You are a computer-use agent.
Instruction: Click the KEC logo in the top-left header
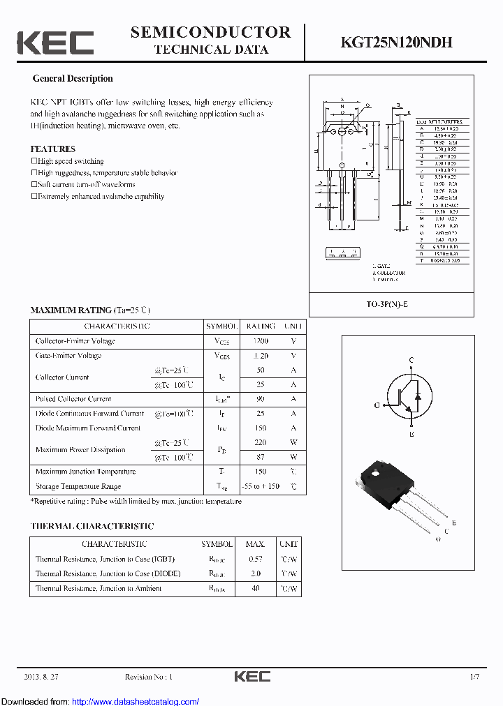point(55,43)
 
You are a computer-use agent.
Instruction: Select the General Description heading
point(73,79)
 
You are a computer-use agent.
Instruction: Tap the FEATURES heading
point(52,149)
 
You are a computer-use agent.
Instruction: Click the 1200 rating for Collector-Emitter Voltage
point(260,341)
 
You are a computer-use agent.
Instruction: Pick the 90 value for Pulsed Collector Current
point(260,399)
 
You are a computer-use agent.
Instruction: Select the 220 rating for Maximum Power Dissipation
point(260,443)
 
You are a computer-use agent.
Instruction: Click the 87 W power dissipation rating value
point(260,457)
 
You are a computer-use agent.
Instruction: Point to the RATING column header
point(260,326)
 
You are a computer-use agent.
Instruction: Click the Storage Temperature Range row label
point(78,486)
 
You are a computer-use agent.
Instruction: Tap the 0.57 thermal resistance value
point(255,559)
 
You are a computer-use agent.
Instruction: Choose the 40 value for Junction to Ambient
point(255,589)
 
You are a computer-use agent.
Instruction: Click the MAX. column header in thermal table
point(255,544)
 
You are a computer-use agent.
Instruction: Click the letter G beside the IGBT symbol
point(377,405)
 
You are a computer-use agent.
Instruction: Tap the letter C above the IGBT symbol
point(411,360)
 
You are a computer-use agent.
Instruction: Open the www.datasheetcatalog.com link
point(136,701)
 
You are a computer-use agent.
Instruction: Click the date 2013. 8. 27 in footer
point(43,677)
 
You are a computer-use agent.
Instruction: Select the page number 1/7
point(474,677)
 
